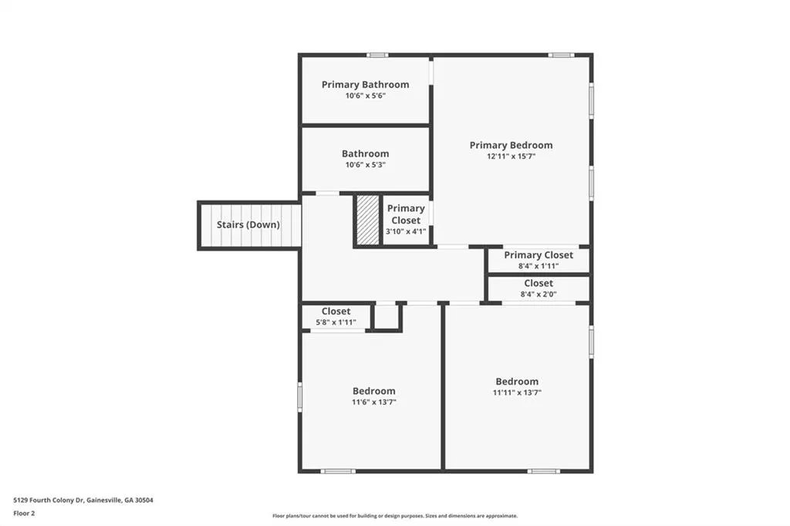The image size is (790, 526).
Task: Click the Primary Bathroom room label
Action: click(365, 85)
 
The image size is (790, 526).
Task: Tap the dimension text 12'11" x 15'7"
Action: click(511, 157)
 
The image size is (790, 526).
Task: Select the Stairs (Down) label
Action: click(248, 224)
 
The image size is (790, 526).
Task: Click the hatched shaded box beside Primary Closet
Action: click(368, 220)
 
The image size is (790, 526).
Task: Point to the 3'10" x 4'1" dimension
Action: click(406, 231)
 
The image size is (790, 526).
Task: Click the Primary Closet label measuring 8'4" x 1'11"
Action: click(538, 255)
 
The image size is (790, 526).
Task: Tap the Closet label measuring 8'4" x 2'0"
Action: click(538, 283)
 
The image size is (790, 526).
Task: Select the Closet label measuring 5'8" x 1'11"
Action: click(336, 312)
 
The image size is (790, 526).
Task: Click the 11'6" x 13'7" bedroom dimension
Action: click(374, 402)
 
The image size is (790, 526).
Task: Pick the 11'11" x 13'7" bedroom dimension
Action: click(517, 393)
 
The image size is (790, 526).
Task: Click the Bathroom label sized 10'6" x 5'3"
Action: click(365, 153)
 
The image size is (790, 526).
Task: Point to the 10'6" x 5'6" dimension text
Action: click(365, 96)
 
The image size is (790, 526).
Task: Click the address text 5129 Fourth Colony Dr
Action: click(49, 501)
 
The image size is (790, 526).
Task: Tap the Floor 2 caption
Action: click(24, 514)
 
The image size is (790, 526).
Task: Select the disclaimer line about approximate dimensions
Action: click(395, 516)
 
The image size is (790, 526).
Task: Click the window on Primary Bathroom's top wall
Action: click(376, 55)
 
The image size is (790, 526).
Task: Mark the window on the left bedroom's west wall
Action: click(300, 396)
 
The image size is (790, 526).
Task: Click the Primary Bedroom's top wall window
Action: click(561, 55)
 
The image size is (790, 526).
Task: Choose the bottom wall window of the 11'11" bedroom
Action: click(544, 471)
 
